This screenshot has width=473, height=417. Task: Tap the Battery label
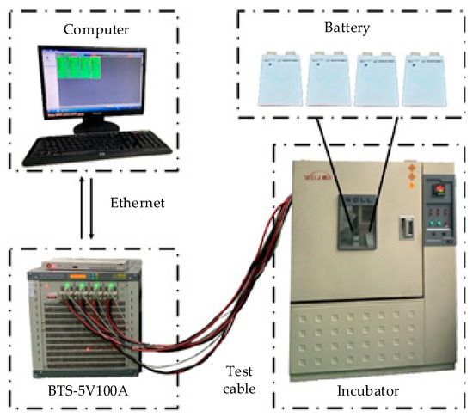tap(347, 28)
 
